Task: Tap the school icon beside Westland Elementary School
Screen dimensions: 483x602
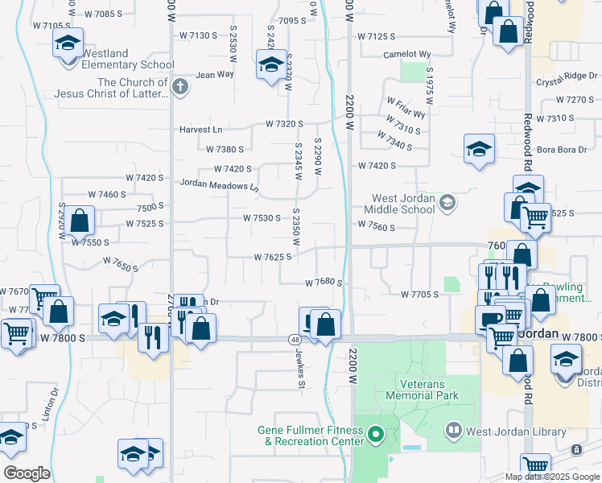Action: [69, 43]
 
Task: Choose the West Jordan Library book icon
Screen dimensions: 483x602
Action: [455, 431]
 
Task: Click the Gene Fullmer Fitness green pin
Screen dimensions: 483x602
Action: [375, 436]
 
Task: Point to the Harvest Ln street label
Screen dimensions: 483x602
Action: [200, 129]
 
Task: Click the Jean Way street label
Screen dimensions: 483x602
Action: [215, 75]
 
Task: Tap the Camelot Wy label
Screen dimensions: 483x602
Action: [408, 54]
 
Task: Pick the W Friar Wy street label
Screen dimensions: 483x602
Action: [406, 108]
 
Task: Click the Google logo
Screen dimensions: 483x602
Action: [27, 473]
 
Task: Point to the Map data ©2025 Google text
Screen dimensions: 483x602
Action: [552, 477]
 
